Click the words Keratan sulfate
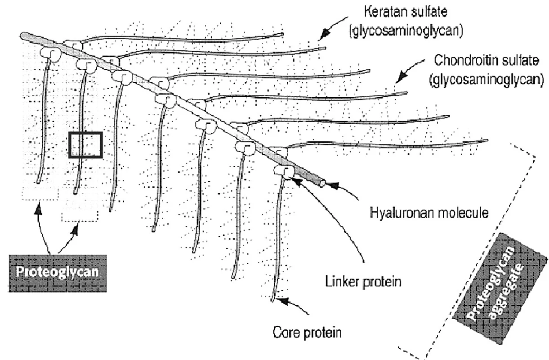[406, 12]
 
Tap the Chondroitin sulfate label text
[487, 60]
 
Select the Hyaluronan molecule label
[429, 213]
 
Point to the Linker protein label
[363, 282]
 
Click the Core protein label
[307, 333]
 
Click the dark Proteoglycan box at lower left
[58, 273]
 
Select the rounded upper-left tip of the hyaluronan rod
[24, 36]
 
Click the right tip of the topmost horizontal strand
[282, 34]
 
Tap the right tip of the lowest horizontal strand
[486, 141]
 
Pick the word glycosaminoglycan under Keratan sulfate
[406, 31]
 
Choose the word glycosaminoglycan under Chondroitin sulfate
[487, 80]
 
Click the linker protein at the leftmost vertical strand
[50, 54]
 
